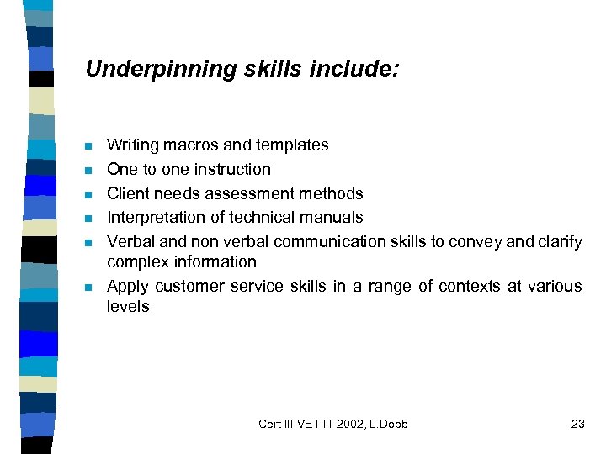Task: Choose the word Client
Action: tap(127, 193)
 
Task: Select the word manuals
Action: tap(333, 218)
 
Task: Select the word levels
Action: tap(128, 307)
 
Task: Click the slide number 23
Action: tap(577, 424)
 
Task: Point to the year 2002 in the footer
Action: tap(352, 424)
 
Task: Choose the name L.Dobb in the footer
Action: tap(389, 424)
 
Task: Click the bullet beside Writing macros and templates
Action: tap(88, 146)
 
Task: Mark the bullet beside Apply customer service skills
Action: tap(88, 288)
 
